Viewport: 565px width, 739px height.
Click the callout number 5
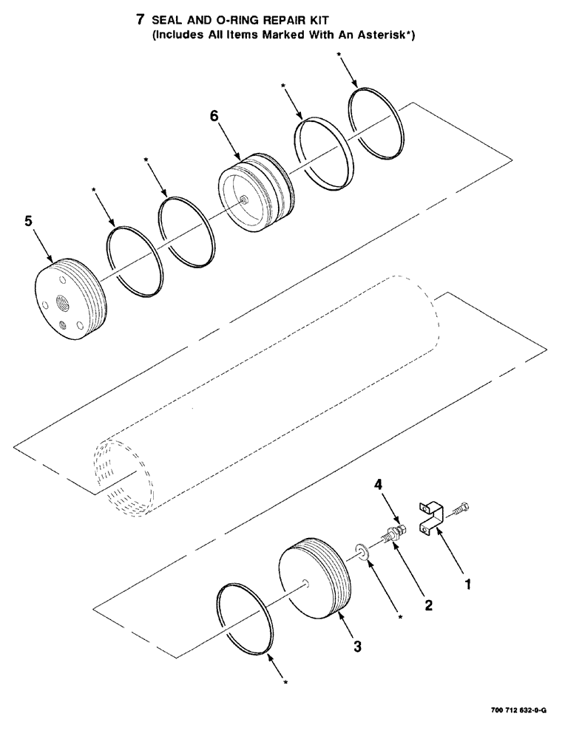[x=28, y=221]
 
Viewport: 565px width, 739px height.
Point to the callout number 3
[x=357, y=647]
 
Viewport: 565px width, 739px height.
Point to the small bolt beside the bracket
[x=464, y=508]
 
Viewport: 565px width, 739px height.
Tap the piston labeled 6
[x=255, y=193]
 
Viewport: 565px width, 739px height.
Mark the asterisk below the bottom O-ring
[x=285, y=683]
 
